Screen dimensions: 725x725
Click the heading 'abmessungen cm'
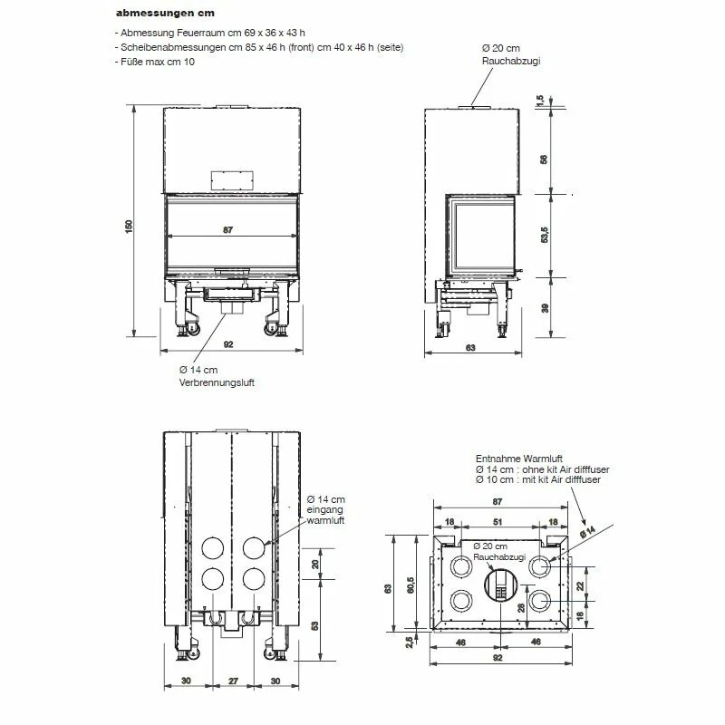165,13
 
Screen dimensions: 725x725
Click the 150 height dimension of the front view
129,226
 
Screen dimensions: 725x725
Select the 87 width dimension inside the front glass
228,230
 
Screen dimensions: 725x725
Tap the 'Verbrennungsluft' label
217,382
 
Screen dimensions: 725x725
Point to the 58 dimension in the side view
544,159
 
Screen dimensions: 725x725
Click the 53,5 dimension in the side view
545,235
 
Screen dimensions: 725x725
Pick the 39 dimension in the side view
545,308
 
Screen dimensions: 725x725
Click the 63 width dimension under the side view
470,348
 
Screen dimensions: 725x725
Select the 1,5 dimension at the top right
539,101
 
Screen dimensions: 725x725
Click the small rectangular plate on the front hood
232,180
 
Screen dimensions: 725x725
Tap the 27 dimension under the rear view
234,681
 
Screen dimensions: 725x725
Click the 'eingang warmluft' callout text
325,515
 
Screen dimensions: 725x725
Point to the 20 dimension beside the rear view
315,564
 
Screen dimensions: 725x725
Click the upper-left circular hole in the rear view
213,547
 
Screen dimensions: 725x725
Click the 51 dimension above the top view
498,522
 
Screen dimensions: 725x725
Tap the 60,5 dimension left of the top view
411,585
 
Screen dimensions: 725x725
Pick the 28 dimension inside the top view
522,607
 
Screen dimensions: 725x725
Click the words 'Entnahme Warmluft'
518,459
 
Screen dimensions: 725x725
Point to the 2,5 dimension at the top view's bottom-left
410,643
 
